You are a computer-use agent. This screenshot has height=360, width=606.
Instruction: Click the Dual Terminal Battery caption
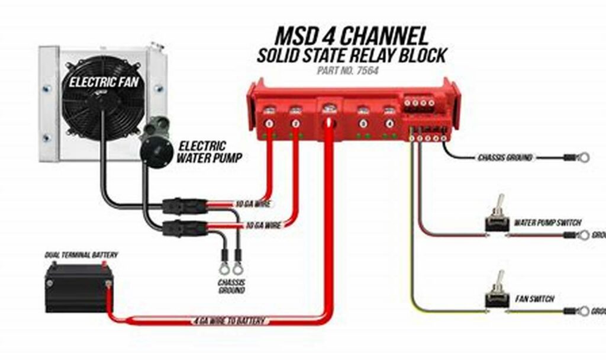(81, 255)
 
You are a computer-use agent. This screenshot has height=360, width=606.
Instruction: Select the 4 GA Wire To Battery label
(230, 321)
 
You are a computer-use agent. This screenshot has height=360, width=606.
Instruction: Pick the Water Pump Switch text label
(547, 223)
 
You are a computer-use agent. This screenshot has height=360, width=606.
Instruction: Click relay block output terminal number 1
(269, 123)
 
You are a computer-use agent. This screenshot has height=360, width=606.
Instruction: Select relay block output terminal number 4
(389, 123)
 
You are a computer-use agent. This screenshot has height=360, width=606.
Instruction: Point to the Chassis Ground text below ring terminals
(231, 287)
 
